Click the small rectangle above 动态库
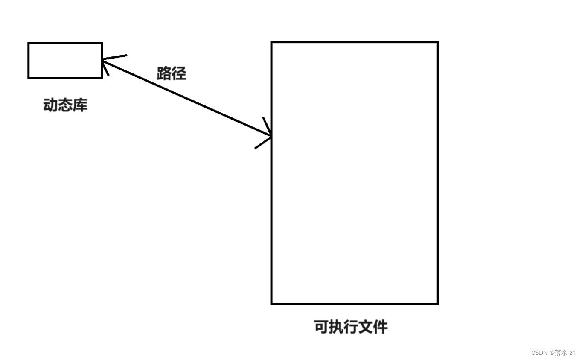click(65, 60)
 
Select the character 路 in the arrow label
click(164, 73)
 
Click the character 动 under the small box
click(51, 105)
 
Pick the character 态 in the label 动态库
click(65, 105)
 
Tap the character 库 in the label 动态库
click(80, 105)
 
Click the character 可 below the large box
click(322, 327)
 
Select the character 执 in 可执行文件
click(336, 327)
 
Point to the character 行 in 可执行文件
click(351, 327)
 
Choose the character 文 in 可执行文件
click(366, 327)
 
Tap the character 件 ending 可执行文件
click(381, 327)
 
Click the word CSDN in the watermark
click(539, 353)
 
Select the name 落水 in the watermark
click(561, 353)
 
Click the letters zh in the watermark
click(573, 353)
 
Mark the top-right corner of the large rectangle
click(438, 42)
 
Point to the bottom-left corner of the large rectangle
click(272, 304)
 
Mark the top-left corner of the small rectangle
click(29, 43)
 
